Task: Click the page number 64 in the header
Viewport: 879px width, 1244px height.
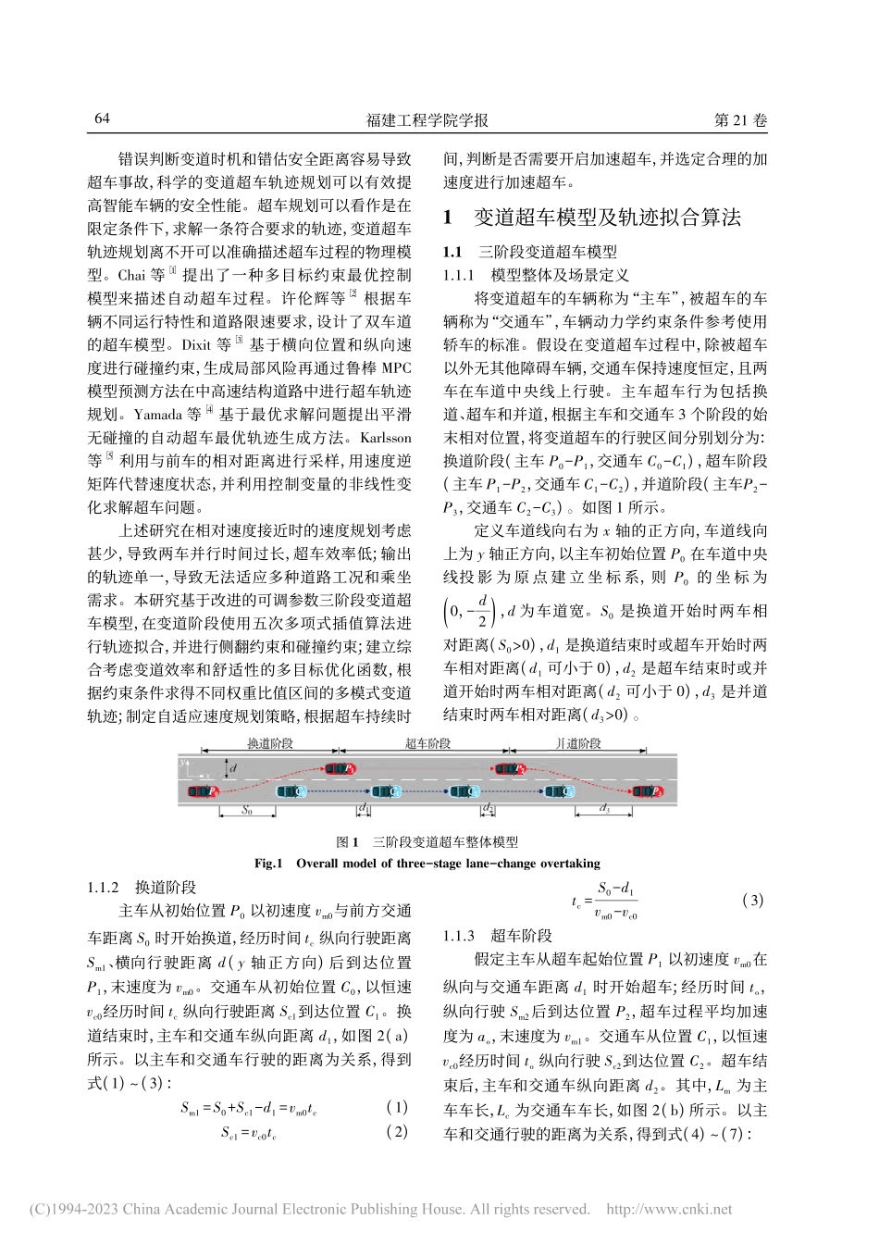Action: tap(102, 120)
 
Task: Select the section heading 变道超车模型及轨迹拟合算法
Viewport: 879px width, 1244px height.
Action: tap(607, 218)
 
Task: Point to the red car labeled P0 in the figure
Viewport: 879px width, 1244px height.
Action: tap(203, 791)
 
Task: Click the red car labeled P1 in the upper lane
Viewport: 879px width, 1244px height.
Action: tap(339, 768)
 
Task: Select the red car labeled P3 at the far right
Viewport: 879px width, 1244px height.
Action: tap(646, 791)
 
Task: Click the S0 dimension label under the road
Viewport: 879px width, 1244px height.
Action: tap(246, 809)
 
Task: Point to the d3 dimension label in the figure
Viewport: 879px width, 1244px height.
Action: tap(605, 809)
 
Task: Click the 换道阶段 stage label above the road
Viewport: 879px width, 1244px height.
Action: tap(270, 743)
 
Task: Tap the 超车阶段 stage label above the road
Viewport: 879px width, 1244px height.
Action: tap(427, 743)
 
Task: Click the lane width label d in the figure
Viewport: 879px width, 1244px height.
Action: tap(233, 767)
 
